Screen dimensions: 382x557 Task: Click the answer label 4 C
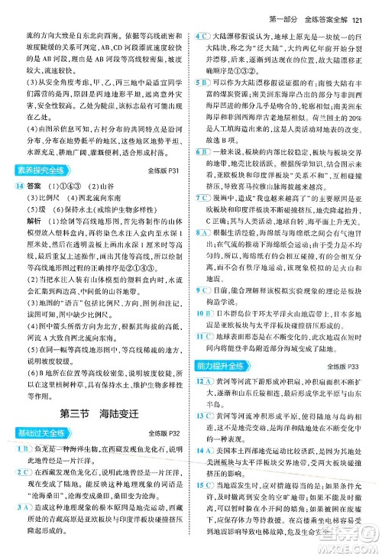202,37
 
